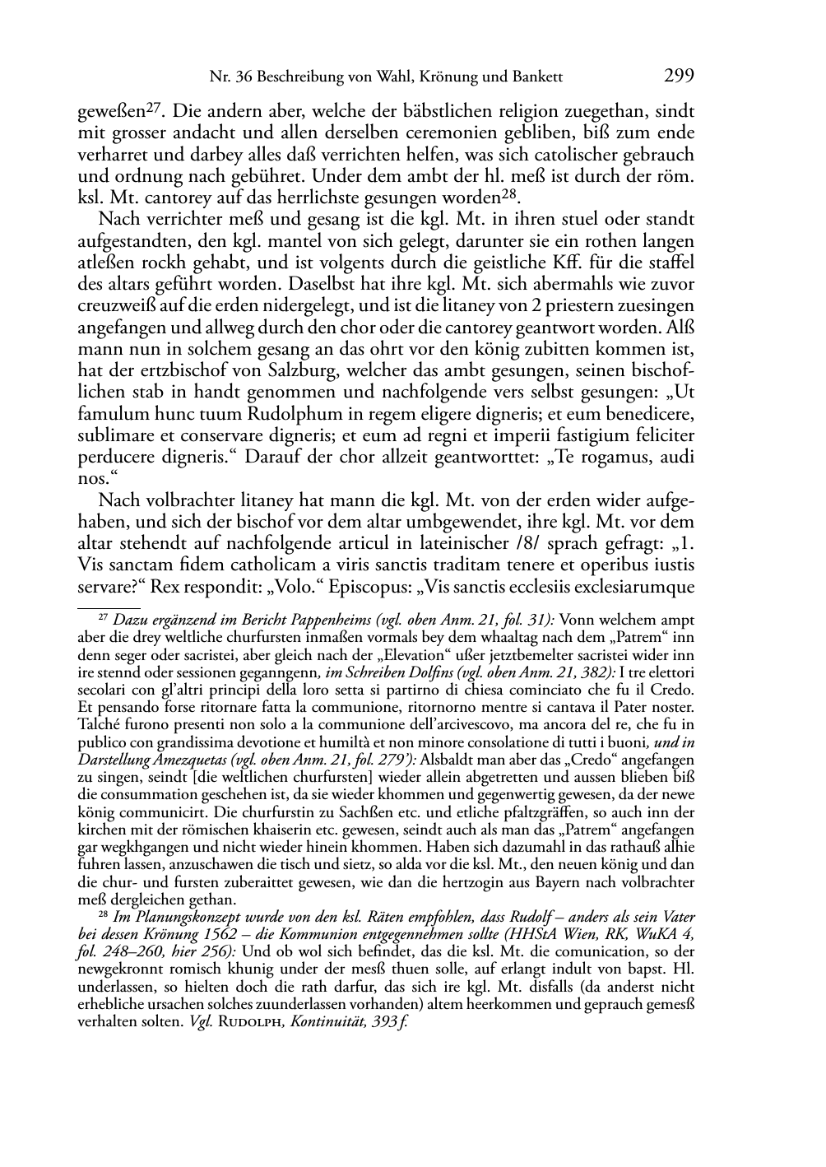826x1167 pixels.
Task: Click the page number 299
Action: (x=679, y=77)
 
